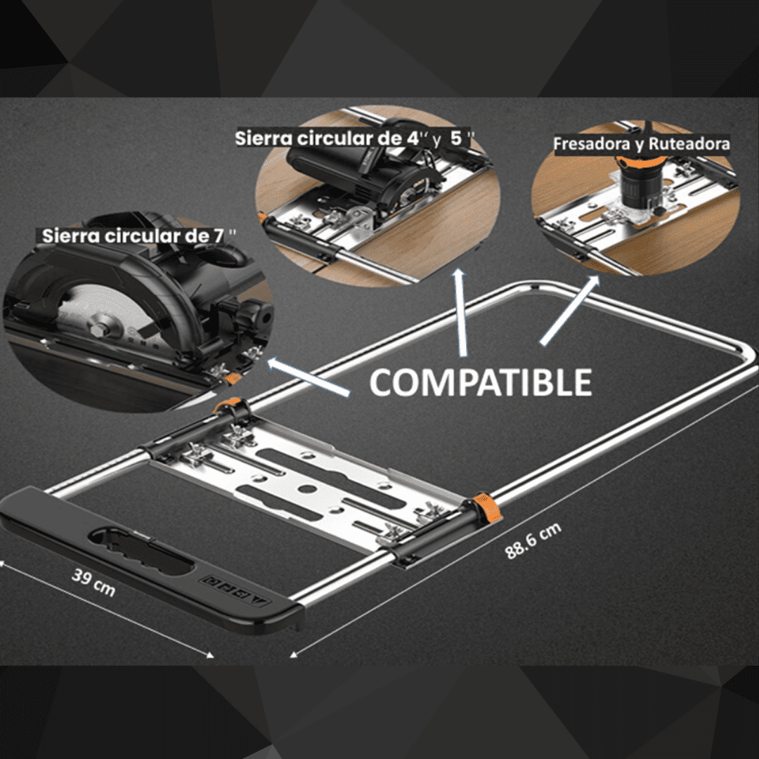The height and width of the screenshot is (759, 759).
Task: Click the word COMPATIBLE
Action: pyautogui.click(x=481, y=382)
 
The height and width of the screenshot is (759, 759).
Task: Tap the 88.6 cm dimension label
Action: pyautogui.click(x=533, y=540)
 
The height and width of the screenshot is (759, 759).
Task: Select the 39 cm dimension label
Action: pyautogui.click(x=93, y=583)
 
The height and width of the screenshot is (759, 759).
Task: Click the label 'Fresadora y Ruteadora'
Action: pyautogui.click(x=642, y=144)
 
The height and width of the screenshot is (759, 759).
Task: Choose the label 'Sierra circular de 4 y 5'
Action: pyautogui.click(x=353, y=138)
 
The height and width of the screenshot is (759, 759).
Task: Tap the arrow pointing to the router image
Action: pyautogui.click(x=570, y=310)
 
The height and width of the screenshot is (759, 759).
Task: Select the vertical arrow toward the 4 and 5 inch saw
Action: pyautogui.click(x=460, y=313)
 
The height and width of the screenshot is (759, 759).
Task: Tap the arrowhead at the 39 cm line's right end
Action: pyautogui.click(x=210, y=656)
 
